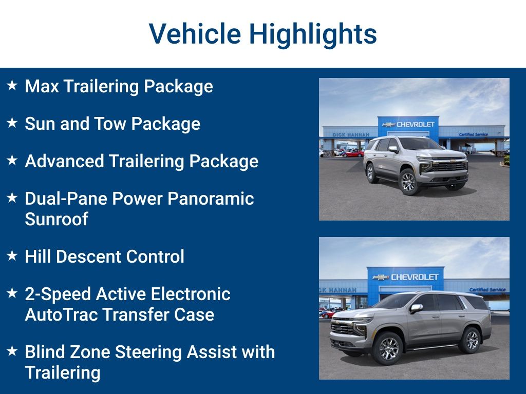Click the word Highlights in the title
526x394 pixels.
pos(313,34)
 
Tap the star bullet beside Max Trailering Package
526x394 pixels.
pos(12,86)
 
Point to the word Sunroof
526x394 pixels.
pos(57,219)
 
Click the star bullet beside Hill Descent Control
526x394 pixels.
pos(12,256)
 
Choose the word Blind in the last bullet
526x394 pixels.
pos(44,352)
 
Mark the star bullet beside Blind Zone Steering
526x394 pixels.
pos(12,351)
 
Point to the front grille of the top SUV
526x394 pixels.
pos(448,166)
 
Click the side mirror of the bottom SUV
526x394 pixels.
pos(416,308)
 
